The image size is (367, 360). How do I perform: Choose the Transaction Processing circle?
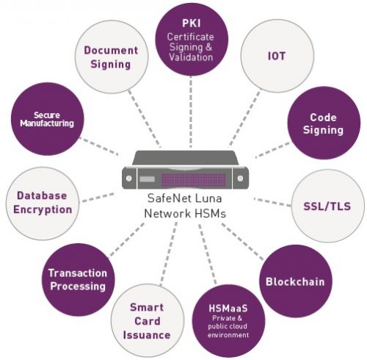pyautogui.click(x=77, y=278)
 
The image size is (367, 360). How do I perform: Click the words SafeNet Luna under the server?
pyautogui.click(x=183, y=199)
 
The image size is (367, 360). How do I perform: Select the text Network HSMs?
pyautogui.click(x=183, y=213)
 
